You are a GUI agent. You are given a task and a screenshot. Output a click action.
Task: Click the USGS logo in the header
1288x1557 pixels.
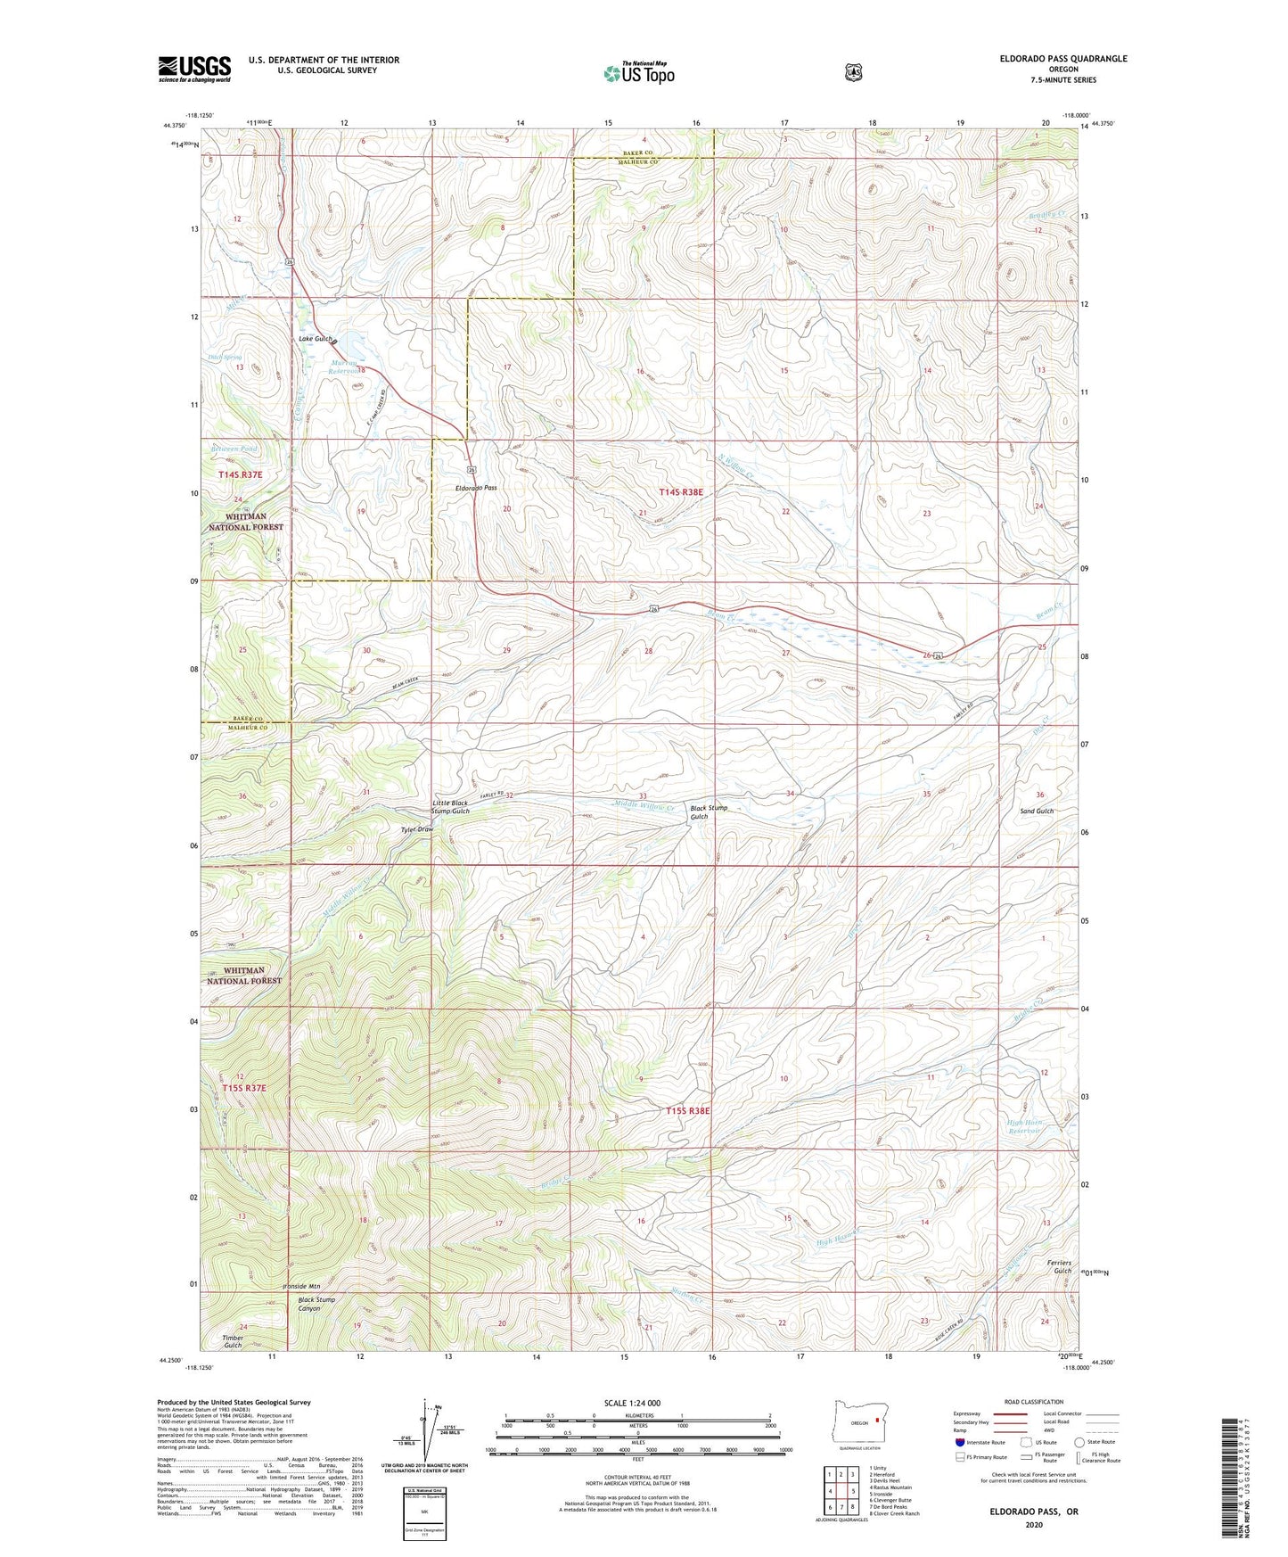tap(194, 69)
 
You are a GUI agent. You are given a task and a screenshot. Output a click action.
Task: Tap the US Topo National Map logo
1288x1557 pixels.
tap(637, 72)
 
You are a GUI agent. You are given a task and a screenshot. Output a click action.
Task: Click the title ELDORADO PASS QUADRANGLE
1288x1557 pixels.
tap(1062, 59)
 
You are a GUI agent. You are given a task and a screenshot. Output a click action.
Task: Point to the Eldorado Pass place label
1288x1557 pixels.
tap(476, 489)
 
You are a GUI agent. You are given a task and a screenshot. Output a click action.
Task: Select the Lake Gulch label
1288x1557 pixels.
tap(316, 339)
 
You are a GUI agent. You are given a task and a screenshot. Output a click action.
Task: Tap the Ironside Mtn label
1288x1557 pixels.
tap(300, 1286)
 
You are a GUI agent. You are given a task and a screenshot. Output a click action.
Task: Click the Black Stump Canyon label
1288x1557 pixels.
tap(316, 1304)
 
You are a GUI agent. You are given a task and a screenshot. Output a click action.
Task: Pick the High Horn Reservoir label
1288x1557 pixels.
tap(1024, 1126)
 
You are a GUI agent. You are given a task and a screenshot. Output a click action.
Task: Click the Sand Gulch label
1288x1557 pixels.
tap(1037, 811)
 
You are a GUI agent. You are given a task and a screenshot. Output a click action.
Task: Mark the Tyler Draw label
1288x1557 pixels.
tap(416, 829)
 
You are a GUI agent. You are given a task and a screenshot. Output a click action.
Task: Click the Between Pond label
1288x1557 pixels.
tap(234, 449)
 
